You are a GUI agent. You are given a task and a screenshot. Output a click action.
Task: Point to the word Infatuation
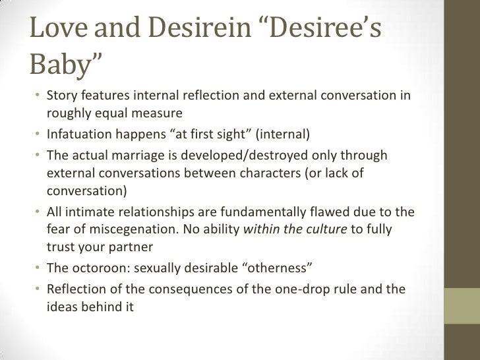[x=79, y=136]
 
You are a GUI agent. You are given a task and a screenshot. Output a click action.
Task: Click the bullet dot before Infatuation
[x=40, y=136]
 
